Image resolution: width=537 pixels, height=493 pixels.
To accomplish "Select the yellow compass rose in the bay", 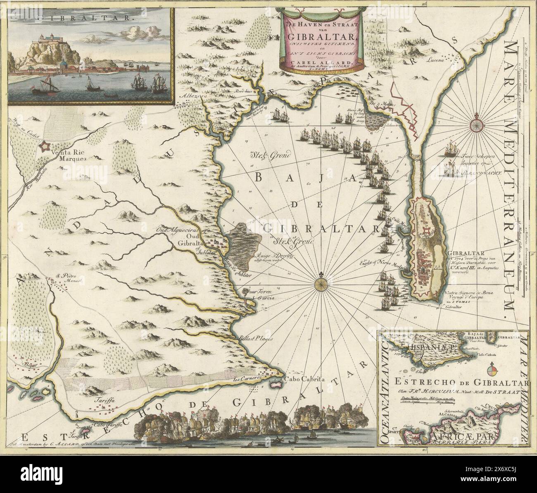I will click(321, 284).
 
